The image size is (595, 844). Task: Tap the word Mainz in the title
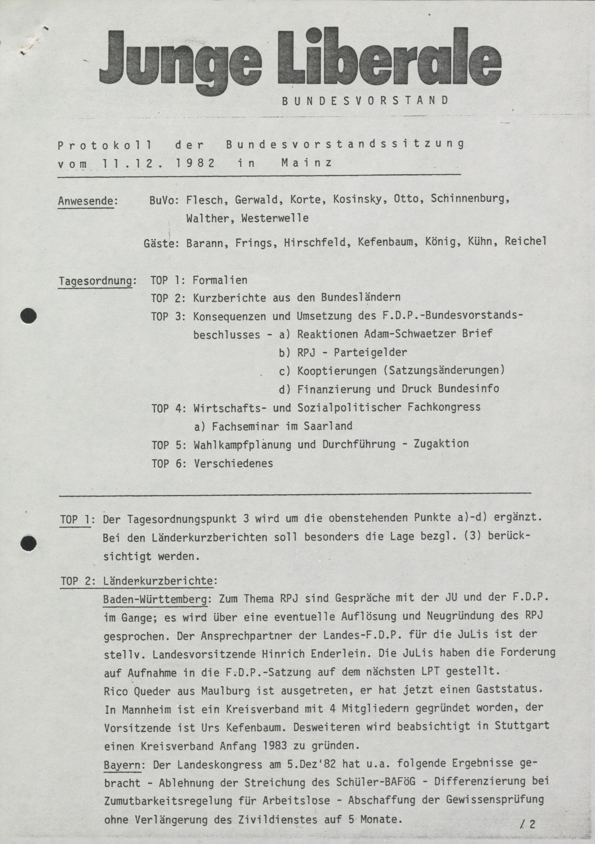pyautogui.click(x=307, y=163)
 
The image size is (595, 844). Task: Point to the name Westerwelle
pyautogui.click(x=275, y=218)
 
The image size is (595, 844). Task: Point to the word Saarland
pyautogui.click(x=328, y=426)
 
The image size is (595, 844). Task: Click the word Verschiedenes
pyautogui.click(x=233, y=463)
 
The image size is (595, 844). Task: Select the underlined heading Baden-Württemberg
pyautogui.click(x=155, y=599)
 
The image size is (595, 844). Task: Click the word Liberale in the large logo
pyautogui.click(x=390, y=61)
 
